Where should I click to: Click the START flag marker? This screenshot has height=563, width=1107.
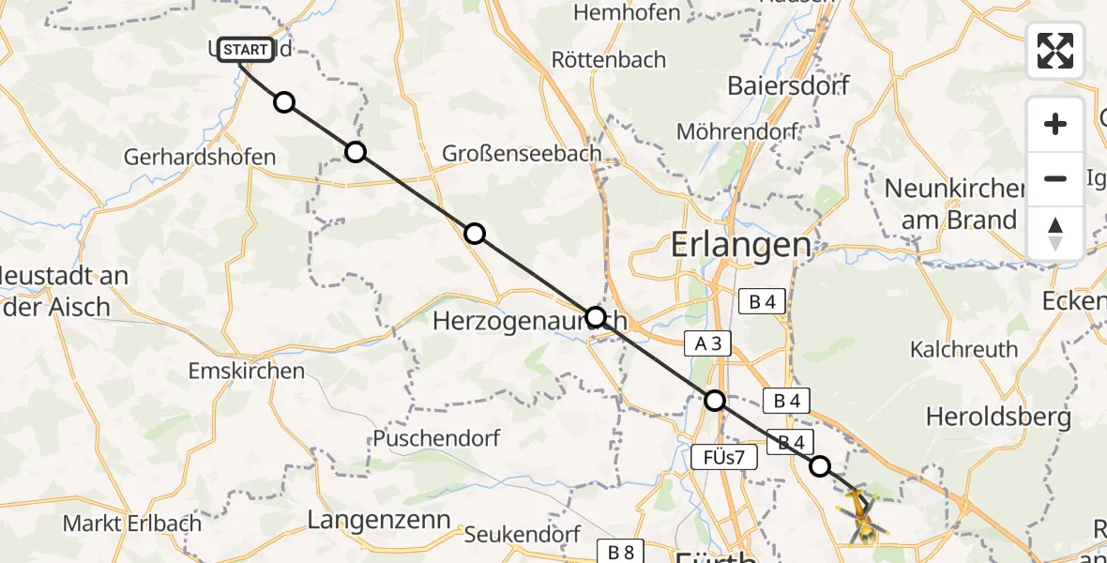[246, 49]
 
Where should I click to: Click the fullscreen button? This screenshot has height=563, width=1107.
[1055, 51]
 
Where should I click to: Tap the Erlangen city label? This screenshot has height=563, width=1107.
[741, 246]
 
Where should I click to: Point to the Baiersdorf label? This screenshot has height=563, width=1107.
[788, 86]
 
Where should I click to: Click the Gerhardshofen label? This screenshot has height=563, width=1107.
[200, 158]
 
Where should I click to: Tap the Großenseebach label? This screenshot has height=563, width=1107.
[522, 154]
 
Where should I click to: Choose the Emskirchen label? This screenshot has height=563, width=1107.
[247, 371]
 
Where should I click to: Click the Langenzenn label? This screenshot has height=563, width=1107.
[379, 520]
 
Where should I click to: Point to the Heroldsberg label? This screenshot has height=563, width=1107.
[998, 417]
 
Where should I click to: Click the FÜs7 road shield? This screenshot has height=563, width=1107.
[722, 458]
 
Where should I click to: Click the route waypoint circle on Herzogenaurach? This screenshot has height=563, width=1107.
[596, 316]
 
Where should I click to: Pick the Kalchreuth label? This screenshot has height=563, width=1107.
[963, 350]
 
